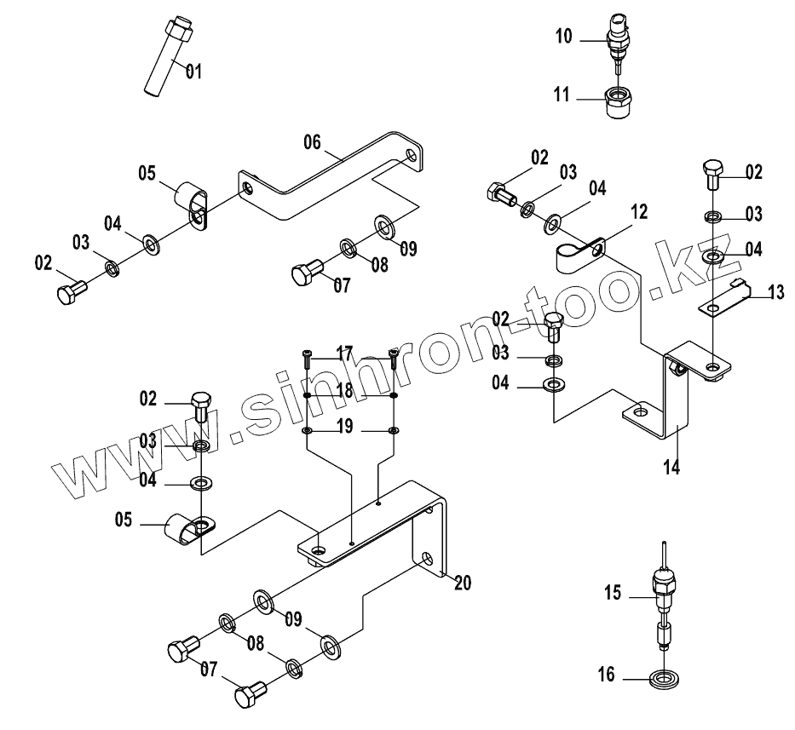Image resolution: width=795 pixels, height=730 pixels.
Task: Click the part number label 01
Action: (193, 72)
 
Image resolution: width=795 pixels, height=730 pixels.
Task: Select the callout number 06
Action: (312, 142)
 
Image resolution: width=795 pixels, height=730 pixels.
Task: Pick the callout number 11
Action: (562, 95)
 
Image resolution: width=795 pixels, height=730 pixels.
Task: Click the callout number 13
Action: (775, 293)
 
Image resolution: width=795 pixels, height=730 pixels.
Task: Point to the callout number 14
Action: (672, 467)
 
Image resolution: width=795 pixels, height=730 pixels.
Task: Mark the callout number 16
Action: (606, 675)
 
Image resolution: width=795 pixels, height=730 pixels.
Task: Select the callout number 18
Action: (343, 390)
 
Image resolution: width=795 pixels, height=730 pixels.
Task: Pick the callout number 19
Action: (344, 428)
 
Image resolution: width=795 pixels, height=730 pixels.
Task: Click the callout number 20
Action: (463, 583)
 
